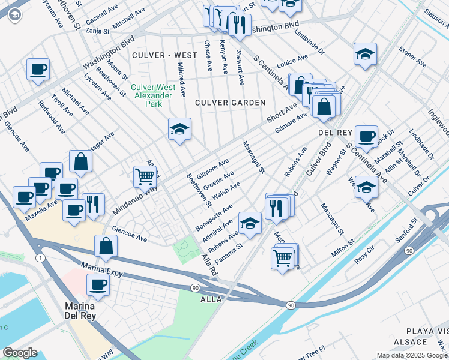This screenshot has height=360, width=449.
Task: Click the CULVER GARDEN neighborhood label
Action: click(x=230, y=103)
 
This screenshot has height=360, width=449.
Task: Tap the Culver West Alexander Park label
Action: click(x=154, y=95)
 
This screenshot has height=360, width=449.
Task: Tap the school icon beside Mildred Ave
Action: click(x=179, y=129)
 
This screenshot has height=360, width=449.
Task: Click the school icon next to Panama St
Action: click(x=250, y=223)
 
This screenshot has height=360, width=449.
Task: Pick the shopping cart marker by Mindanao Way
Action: click(x=145, y=176)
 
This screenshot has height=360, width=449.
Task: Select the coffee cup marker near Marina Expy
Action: click(x=98, y=284)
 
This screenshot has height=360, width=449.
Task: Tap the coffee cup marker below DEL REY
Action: click(x=366, y=136)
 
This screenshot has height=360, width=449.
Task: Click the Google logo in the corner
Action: click(x=20, y=353)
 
